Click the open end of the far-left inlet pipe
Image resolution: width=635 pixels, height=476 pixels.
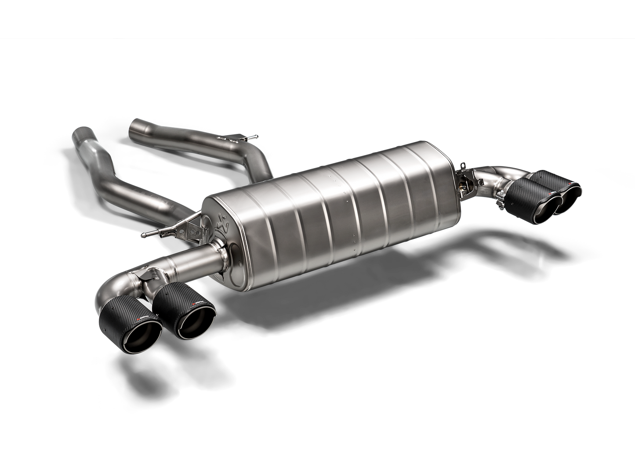[x=81, y=133]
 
